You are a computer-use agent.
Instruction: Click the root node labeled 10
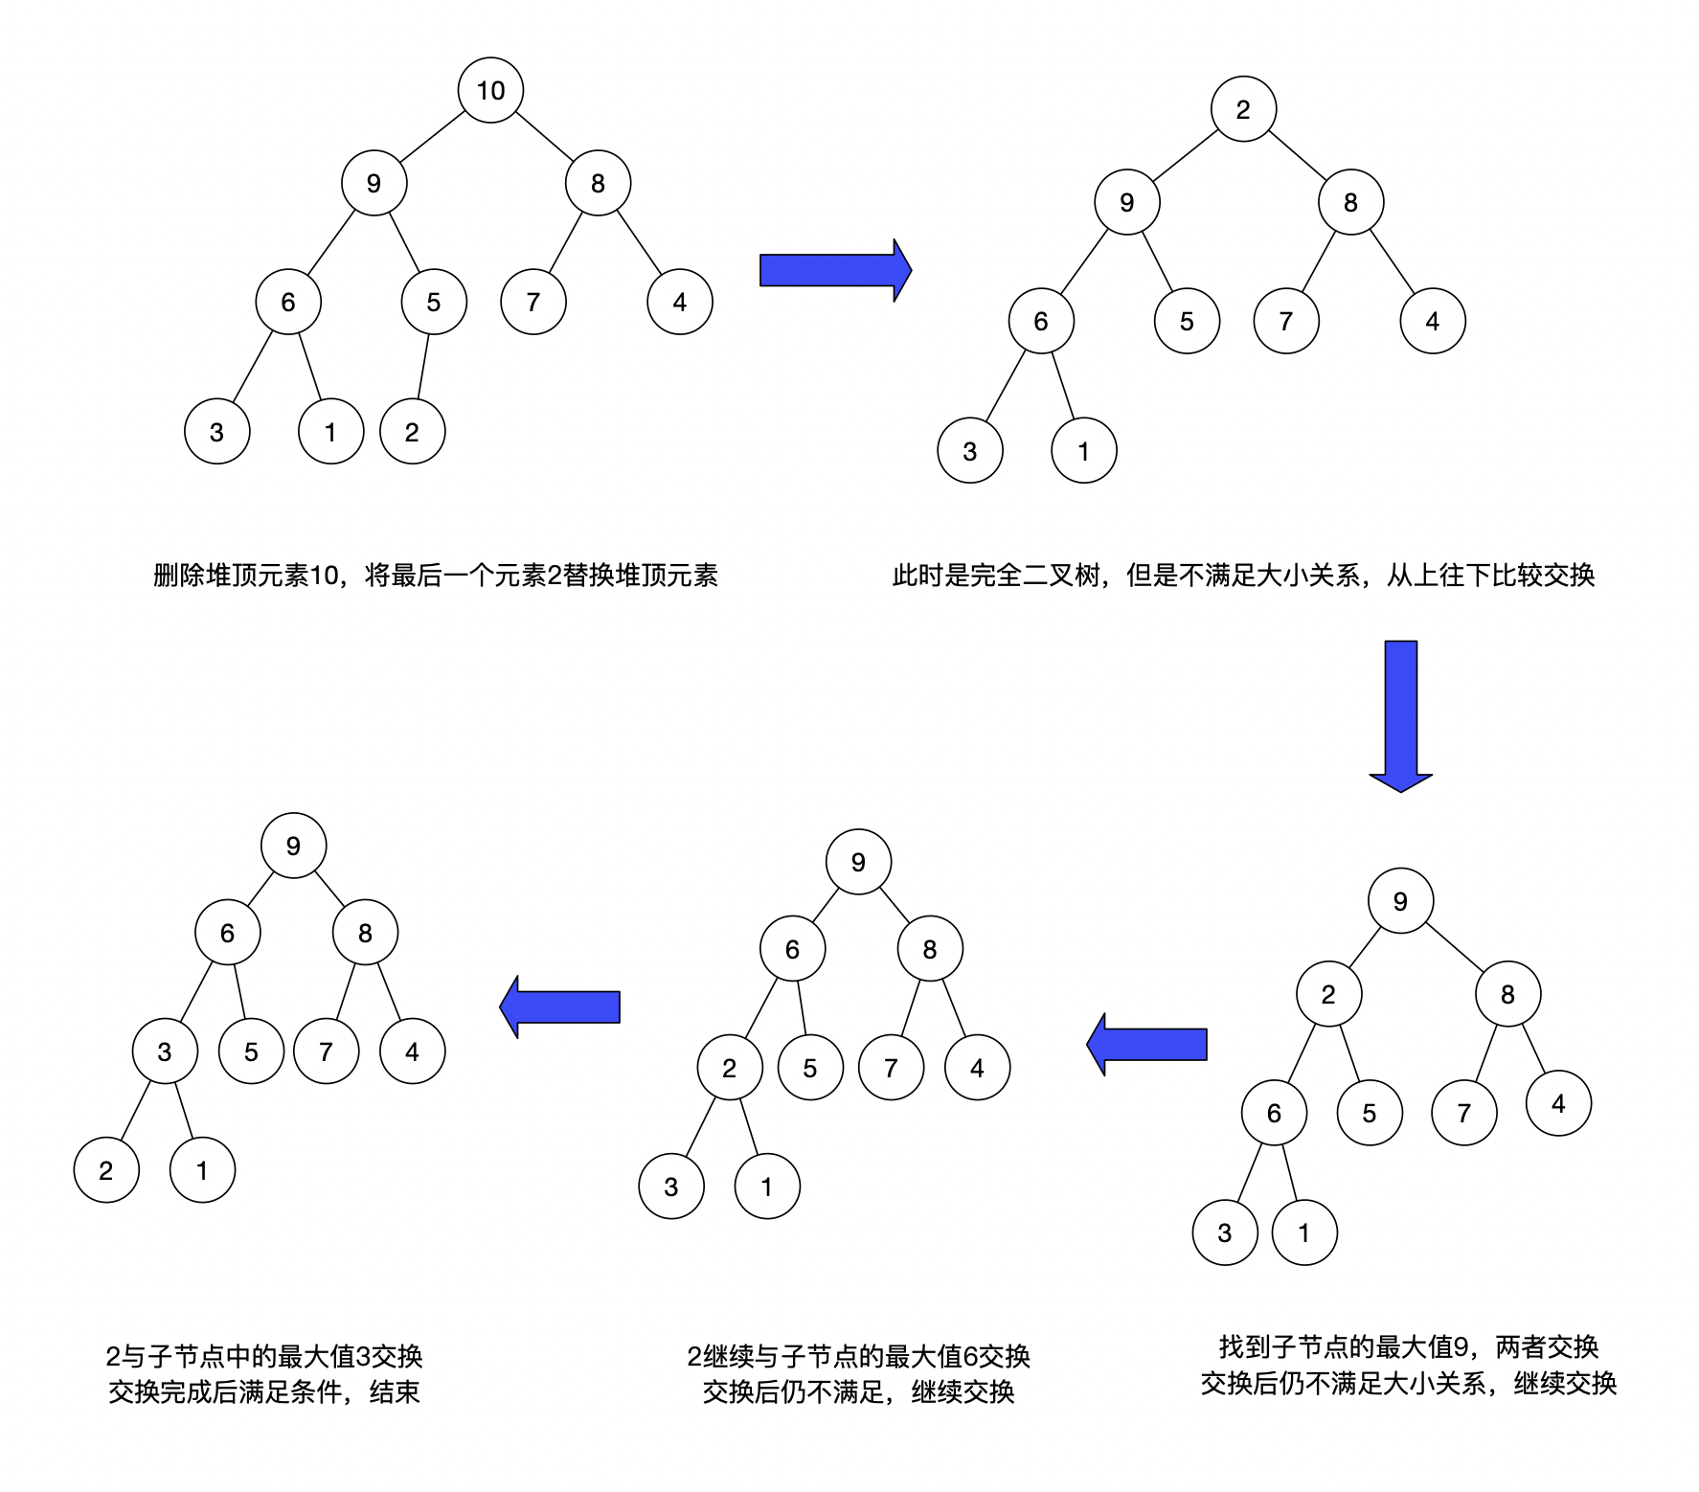click(x=490, y=90)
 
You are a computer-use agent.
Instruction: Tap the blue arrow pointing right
click(x=834, y=270)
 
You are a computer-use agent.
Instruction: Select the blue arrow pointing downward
click(x=1400, y=714)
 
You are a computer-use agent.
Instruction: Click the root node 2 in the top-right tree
click(x=1243, y=109)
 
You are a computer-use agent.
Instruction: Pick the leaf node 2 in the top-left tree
click(x=412, y=432)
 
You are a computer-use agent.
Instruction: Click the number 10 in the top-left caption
click(x=325, y=575)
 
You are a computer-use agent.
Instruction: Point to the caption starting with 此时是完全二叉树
click(x=1243, y=575)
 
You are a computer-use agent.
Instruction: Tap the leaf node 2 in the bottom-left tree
click(x=106, y=1169)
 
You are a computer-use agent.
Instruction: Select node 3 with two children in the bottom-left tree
click(x=165, y=1051)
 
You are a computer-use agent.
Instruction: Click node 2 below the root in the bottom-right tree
click(x=1328, y=994)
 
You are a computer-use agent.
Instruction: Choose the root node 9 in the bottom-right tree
click(x=1400, y=901)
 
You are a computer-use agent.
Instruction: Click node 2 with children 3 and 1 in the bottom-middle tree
click(x=730, y=1068)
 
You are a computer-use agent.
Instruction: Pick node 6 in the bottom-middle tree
click(x=792, y=949)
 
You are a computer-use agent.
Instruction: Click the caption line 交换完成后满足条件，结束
click(x=264, y=1391)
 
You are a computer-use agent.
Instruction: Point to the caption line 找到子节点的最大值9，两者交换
click(x=1408, y=1346)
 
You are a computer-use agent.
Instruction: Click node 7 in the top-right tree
click(x=1286, y=321)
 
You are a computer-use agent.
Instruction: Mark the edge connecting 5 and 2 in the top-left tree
click(x=422, y=367)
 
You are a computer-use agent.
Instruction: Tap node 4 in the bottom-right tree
click(x=1558, y=1103)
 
